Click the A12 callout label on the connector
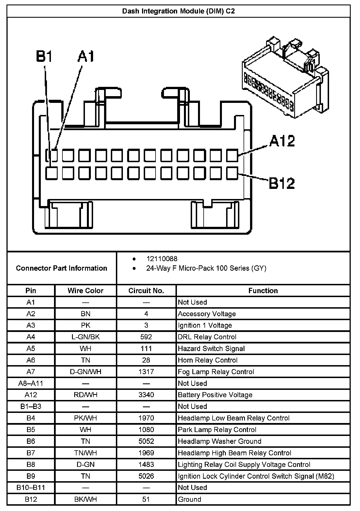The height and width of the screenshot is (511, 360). tap(282, 141)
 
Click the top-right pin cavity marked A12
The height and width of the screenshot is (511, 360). tap(232, 155)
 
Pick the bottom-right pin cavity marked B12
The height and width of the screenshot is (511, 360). tap(232, 173)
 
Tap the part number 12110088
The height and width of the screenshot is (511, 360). tap(162, 259)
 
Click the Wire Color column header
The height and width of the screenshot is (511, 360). tap(85, 291)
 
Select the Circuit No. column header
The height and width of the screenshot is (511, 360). tap(146, 291)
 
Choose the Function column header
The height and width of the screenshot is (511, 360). tap(263, 291)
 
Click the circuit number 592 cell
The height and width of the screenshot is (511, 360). tap(146, 337)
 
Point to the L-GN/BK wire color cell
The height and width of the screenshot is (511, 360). tap(85, 337)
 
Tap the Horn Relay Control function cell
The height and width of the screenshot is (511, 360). tap(208, 360)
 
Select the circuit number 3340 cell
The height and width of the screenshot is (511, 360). tap(146, 395)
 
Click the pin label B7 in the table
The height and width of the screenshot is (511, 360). tap(31, 453)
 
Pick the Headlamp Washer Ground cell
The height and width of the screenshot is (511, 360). tap(219, 441)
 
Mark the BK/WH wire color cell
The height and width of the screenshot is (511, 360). tap(85, 499)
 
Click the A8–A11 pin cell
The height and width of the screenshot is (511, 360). tap(31, 383)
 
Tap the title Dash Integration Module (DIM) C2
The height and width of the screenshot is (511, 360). tap(178, 11)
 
